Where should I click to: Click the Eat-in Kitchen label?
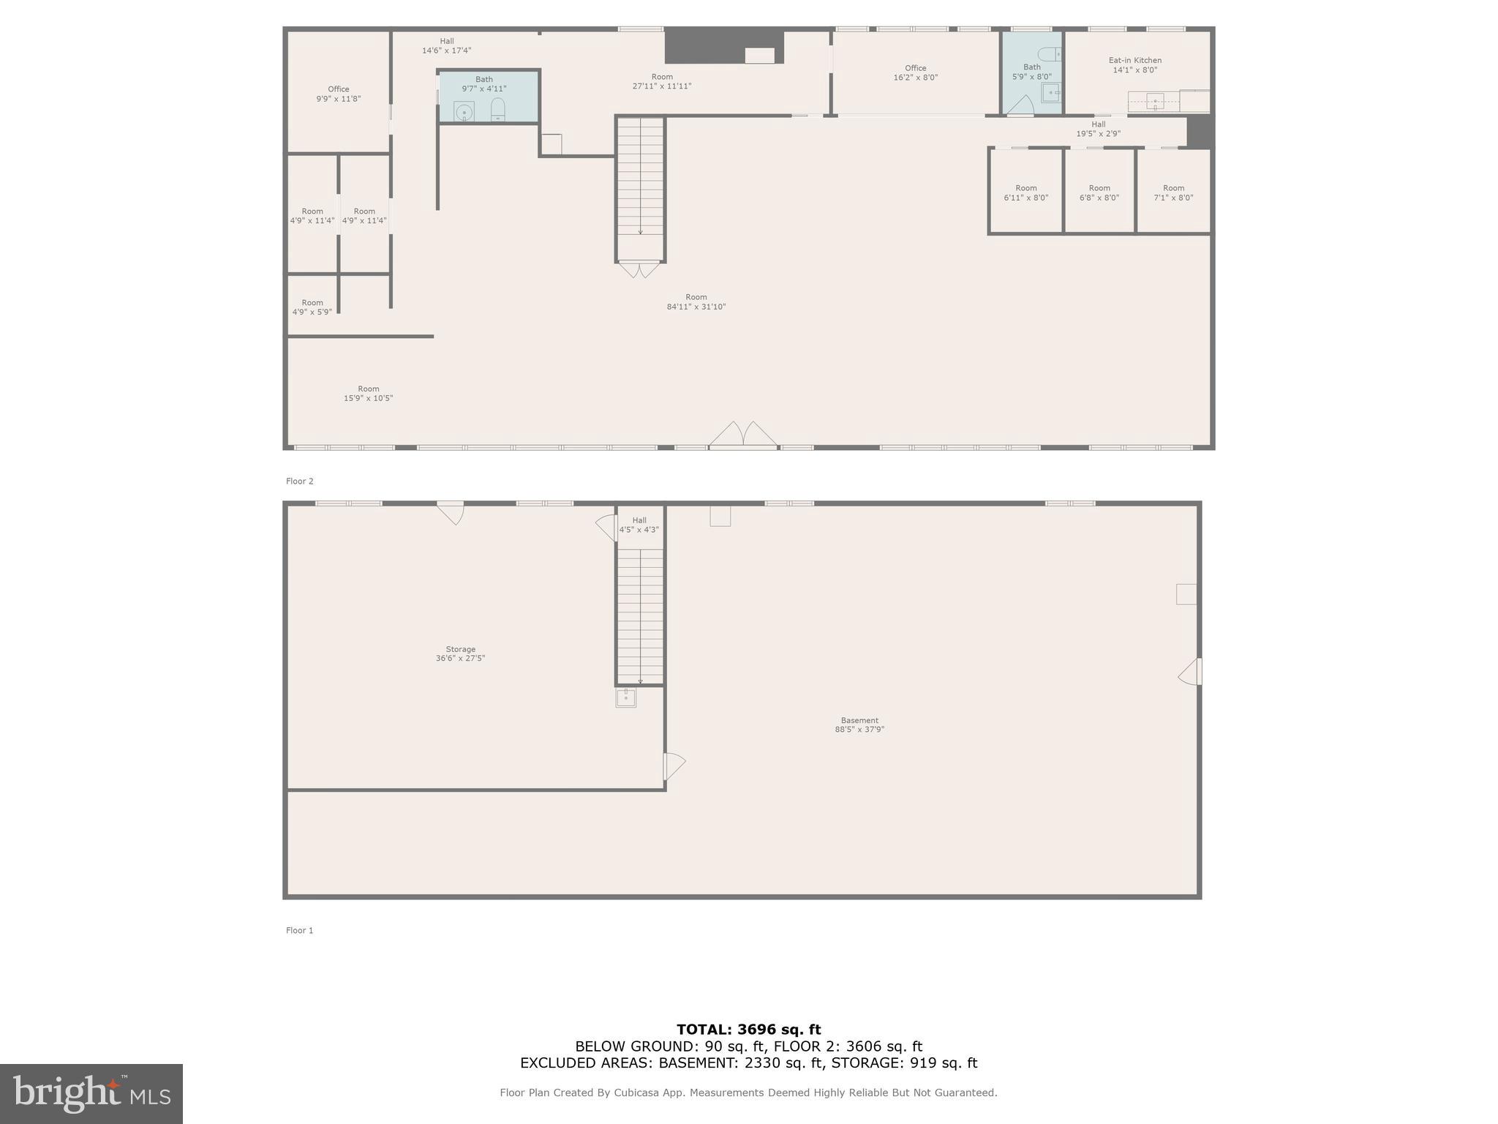pyautogui.click(x=1134, y=65)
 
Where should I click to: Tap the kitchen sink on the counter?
pyautogui.click(x=1155, y=102)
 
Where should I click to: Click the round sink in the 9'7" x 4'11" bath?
pyautogui.click(x=464, y=112)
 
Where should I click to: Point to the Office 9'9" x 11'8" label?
pyautogui.click(x=338, y=94)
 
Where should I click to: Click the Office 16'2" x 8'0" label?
pyautogui.click(x=915, y=72)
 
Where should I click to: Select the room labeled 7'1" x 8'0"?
pyautogui.click(x=1173, y=192)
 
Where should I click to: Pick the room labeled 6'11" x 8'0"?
pyautogui.click(x=1025, y=192)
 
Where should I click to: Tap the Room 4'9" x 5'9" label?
pyautogui.click(x=312, y=307)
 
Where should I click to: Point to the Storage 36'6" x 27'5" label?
pyautogui.click(x=460, y=653)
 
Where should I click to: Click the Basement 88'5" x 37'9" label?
pyautogui.click(x=859, y=724)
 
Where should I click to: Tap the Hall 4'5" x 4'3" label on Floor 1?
pyautogui.click(x=639, y=525)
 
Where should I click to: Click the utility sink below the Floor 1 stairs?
pyautogui.click(x=625, y=697)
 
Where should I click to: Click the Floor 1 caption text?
pyautogui.click(x=299, y=930)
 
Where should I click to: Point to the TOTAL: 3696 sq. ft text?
pyautogui.click(x=748, y=1030)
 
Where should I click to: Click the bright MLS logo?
pyautogui.click(x=91, y=1093)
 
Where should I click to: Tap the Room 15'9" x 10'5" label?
pyautogui.click(x=369, y=394)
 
